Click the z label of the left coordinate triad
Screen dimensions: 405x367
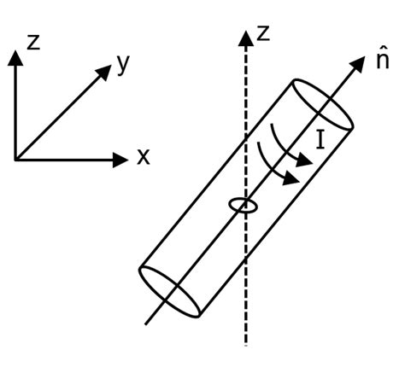[33, 41]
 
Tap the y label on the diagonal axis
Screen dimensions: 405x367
[124, 66]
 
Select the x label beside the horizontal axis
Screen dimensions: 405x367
[143, 157]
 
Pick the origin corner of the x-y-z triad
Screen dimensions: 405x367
[15, 158]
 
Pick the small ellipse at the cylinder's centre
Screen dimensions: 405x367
[244, 205]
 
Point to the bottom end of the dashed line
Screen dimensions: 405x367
[246, 344]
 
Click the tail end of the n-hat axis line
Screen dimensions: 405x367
[146, 323]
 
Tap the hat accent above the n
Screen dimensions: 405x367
[382, 50]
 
